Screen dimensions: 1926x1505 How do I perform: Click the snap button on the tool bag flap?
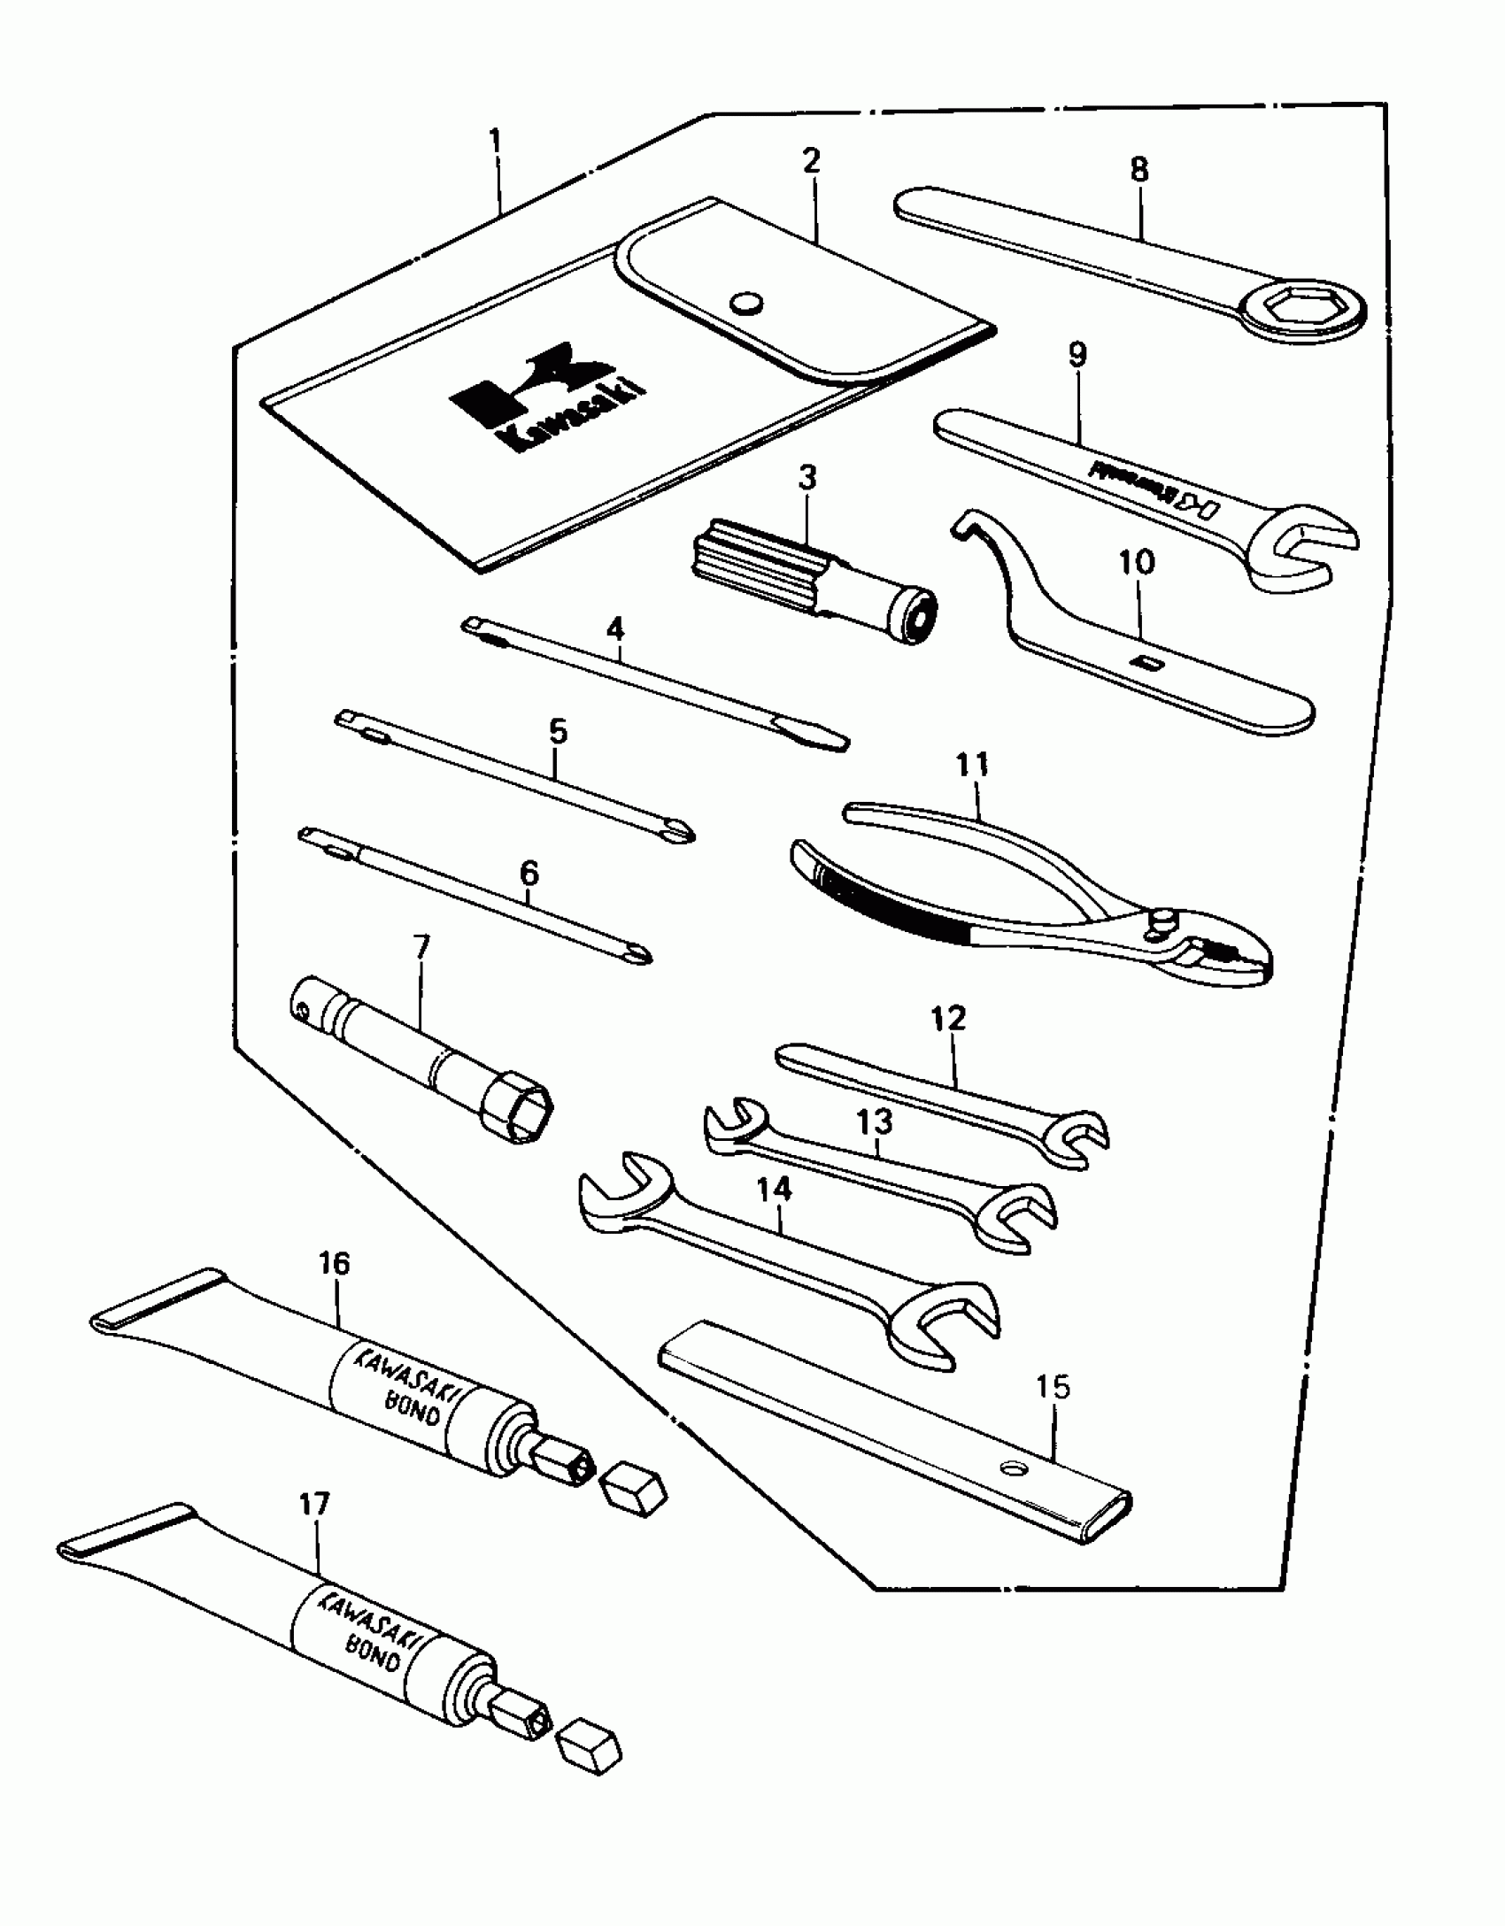[x=745, y=303]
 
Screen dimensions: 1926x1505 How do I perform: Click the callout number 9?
[x=1077, y=355]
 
